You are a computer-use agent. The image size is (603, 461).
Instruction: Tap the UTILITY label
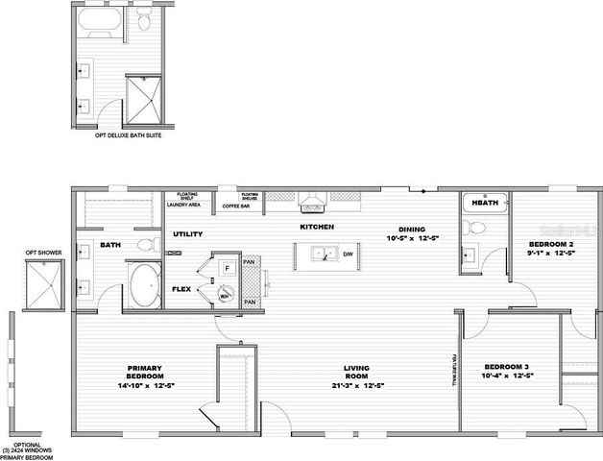point(188,234)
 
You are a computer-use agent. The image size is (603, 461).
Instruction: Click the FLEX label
point(181,288)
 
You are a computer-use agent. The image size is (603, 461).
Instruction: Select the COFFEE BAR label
point(237,206)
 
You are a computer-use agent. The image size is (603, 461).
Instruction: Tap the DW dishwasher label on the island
point(348,255)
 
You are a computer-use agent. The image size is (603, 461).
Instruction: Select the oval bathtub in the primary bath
point(144,286)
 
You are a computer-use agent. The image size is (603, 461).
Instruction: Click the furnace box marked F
point(227,268)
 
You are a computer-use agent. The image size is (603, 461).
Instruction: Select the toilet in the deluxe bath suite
point(144,21)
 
